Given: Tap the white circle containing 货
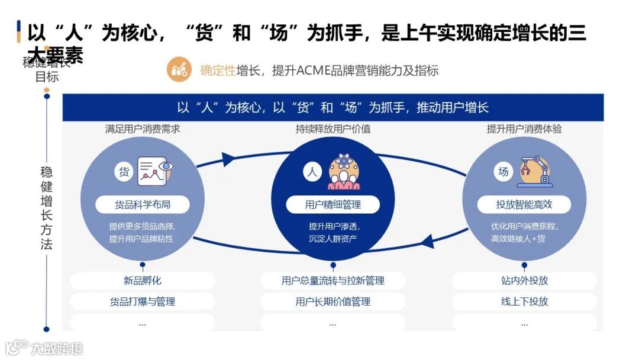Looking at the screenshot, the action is (x=124, y=172).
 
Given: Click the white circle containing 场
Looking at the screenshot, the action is (x=504, y=172).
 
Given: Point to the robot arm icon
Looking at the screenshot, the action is (x=535, y=171).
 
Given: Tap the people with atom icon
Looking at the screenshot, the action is (x=344, y=172).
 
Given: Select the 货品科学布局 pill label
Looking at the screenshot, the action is (x=143, y=205).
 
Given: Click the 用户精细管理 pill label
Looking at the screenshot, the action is (x=333, y=205).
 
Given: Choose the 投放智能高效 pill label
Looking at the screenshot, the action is (x=524, y=205).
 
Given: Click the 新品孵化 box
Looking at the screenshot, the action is (x=143, y=281).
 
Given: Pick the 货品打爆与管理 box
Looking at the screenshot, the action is (x=143, y=301).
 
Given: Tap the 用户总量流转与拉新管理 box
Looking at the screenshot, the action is (x=333, y=281).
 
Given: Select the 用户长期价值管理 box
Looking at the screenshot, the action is (x=333, y=301).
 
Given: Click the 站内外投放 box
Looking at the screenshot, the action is (x=524, y=281).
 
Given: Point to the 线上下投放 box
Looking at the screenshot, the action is (x=524, y=301).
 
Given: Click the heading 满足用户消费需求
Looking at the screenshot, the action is (x=143, y=128).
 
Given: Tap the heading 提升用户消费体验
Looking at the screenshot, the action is (x=524, y=128).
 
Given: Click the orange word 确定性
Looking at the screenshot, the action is (x=218, y=71).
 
